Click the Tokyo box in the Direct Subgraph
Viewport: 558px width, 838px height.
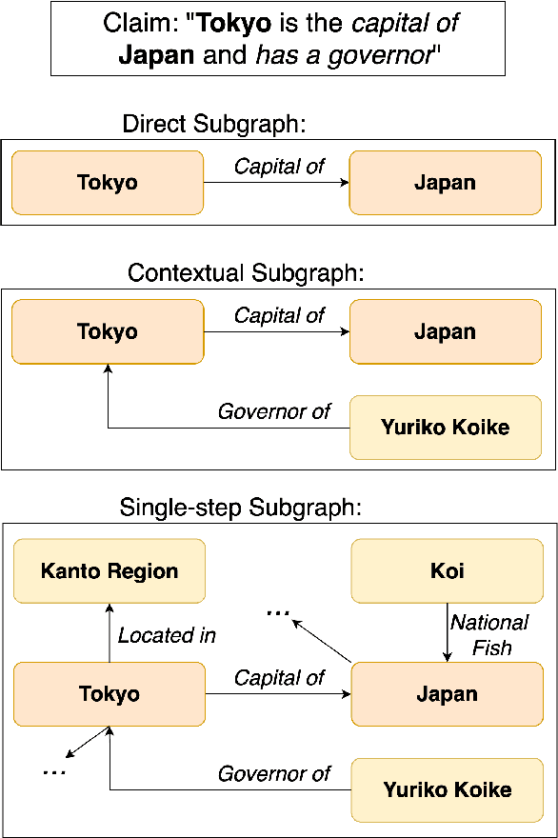pyautogui.click(x=108, y=183)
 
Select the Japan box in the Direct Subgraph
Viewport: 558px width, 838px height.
pyautogui.click(x=445, y=183)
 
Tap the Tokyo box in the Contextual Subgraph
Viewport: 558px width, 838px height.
pyautogui.click(x=108, y=331)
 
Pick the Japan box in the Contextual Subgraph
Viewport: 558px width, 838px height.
pyautogui.click(x=445, y=331)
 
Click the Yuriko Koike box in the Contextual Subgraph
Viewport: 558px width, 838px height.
pyautogui.click(x=445, y=428)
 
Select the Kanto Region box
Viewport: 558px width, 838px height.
pyautogui.click(x=110, y=571)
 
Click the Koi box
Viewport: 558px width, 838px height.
pyautogui.click(x=447, y=571)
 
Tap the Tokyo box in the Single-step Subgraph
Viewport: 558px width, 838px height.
pyautogui.click(x=110, y=694)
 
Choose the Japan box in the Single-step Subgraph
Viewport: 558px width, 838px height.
pyautogui.click(x=447, y=694)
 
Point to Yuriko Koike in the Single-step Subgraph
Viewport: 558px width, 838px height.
pyautogui.click(x=447, y=789)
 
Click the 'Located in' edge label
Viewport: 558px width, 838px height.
pyautogui.click(x=167, y=635)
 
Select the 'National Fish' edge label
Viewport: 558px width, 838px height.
pyautogui.click(x=489, y=635)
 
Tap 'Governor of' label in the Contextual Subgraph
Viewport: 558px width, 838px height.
pyautogui.click(x=274, y=411)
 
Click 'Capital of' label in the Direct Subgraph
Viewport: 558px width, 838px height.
pyautogui.click(x=279, y=166)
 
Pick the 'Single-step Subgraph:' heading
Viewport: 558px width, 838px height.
pyautogui.click(x=241, y=508)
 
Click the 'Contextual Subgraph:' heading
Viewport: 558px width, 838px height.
pyautogui.click(x=247, y=273)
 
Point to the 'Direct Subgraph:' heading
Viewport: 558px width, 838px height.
pyautogui.click(x=219, y=124)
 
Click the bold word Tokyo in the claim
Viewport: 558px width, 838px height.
pyautogui.click(x=233, y=24)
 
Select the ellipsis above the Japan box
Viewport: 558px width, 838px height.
pyautogui.click(x=278, y=613)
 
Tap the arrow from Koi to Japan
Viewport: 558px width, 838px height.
pyautogui.click(x=447, y=633)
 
